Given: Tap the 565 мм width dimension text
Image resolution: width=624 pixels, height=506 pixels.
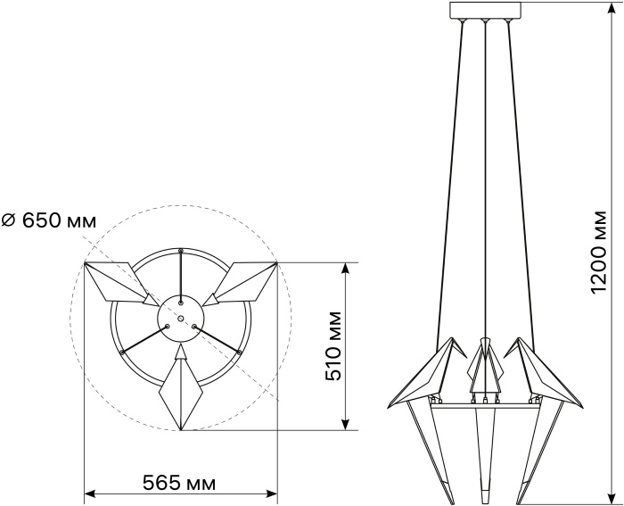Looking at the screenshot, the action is click(x=179, y=484).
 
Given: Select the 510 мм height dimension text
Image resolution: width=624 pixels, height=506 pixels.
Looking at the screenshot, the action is click(x=333, y=346).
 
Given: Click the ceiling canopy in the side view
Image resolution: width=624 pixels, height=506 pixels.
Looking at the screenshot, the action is click(x=485, y=11).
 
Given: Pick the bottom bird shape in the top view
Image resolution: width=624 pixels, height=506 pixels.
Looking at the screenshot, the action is click(x=181, y=387).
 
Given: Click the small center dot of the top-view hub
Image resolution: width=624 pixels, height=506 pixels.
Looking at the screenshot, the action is click(x=181, y=319).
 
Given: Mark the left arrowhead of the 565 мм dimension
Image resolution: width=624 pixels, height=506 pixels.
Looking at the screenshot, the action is click(x=89, y=494).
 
